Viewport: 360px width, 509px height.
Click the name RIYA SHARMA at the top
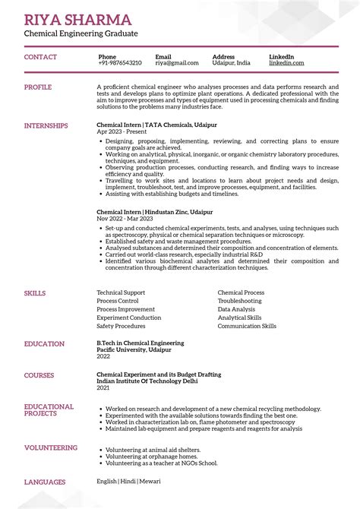77,20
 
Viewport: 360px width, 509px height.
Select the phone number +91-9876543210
120,63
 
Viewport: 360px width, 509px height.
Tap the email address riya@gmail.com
177,63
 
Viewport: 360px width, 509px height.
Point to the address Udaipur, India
231,63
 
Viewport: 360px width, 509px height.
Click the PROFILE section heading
38,87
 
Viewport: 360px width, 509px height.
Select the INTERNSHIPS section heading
46,125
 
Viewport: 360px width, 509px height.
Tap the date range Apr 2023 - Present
122,131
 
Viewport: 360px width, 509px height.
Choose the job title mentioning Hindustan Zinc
154,212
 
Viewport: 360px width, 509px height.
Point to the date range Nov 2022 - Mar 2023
125,219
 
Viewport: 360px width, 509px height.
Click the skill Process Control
118,301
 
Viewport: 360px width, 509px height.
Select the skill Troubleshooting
239,301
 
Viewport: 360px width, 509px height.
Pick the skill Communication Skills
247,326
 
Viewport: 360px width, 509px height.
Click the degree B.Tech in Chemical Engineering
140,343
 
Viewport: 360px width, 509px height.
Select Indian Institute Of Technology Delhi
146,381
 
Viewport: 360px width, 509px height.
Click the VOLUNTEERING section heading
51,448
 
